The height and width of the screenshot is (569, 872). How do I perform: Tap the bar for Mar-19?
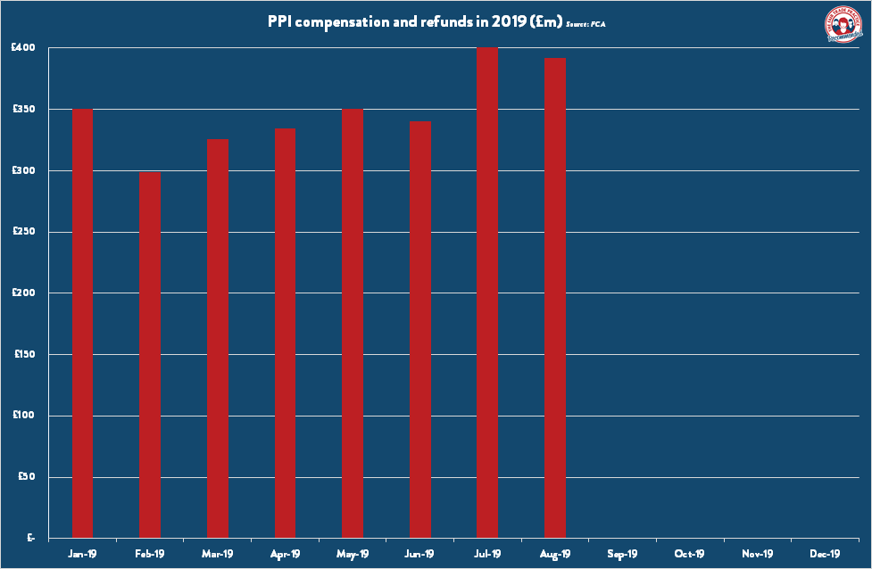(218, 339)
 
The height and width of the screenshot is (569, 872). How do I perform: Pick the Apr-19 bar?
(285, 334)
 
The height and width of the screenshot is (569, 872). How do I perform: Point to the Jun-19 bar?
(420, 330)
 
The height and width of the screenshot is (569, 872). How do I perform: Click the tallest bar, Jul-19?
(487, 293)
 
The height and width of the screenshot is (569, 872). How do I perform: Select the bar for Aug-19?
(555, 299)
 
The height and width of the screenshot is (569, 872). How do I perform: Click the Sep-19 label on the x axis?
(622, 554)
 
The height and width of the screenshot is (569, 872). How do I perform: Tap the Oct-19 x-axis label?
(690, 554)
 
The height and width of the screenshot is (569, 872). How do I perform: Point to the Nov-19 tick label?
(757, 554)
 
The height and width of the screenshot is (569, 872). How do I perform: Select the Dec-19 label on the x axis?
(825, 554)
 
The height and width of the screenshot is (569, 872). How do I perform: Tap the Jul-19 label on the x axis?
(487, 554)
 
